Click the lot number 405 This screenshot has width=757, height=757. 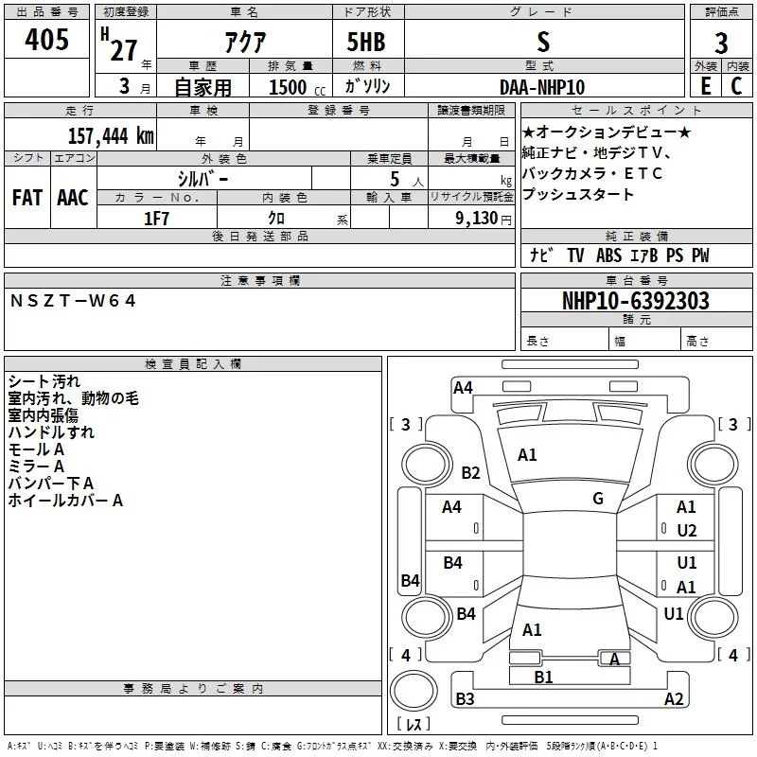(x=46, y=39)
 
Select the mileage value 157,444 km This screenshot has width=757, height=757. (x=111, y=136)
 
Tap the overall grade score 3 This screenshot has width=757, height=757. (x=721, y=43)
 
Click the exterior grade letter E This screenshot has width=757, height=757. (x=706, y=86)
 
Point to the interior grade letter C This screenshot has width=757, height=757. (x=736, y=86)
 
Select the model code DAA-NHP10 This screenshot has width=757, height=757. (x=542, y=87)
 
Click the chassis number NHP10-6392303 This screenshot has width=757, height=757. (x=636, y=301)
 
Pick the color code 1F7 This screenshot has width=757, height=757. (x=156, y=219)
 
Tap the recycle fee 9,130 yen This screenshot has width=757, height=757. (x=484, y=219)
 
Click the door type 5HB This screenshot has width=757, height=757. (x=366, y=42)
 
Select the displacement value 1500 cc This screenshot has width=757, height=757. (x=297, y=87)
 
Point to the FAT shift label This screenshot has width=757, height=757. (x=27, y=198)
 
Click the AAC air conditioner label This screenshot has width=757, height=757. (x=73, y=198)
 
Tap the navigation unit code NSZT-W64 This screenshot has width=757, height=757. (x=73, y=301)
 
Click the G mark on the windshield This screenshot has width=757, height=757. (x=598, y=498)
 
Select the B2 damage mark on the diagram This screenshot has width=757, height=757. (x=470, y=472)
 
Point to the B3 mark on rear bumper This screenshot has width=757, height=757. (x=465, y=698)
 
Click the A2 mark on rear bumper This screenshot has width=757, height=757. (x=674, y=698)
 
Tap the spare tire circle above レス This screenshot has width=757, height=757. (x=414, y=691)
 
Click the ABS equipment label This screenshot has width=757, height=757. (x=608, y=255)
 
